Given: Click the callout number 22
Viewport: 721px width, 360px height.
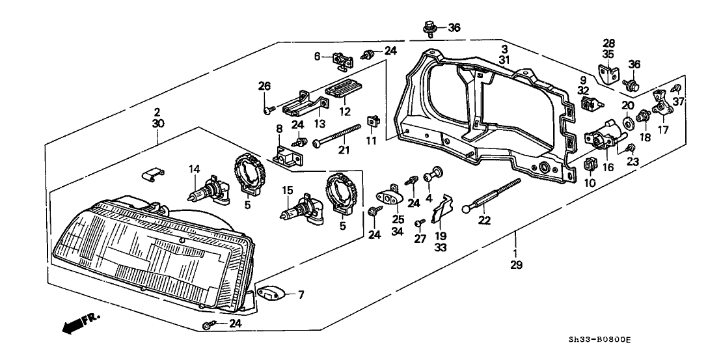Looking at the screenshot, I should pyautogui.click(x=483, y=220).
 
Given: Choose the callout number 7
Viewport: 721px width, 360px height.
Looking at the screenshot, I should pyautogui.click(x=301, y=295).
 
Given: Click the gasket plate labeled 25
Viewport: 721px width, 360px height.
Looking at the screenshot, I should pyautogui.click(x=391, y=199).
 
